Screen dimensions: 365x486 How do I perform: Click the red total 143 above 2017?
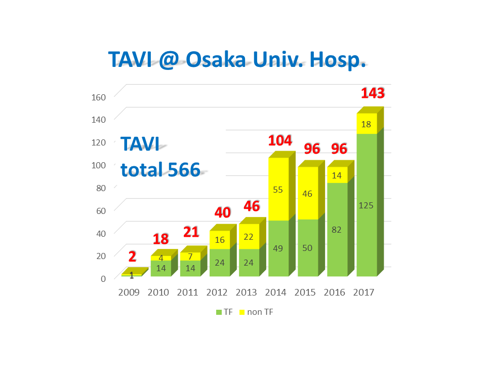pos(373,93)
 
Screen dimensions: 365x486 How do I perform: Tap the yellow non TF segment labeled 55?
pos(278,189)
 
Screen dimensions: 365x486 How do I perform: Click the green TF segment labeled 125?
pos(367,205)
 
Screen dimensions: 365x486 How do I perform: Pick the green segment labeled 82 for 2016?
pos(337,229)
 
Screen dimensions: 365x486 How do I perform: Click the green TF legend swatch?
pos(219,312)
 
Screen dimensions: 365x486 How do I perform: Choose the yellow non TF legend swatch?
pos(242,312)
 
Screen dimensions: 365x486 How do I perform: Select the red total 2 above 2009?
pos(132,256)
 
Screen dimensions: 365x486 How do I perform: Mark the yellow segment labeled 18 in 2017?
pos(367,124)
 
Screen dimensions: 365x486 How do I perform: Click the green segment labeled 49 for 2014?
pos(278,248)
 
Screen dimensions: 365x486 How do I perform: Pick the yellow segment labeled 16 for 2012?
pos(219,240)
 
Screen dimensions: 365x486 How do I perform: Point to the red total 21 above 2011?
pos(191,232)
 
